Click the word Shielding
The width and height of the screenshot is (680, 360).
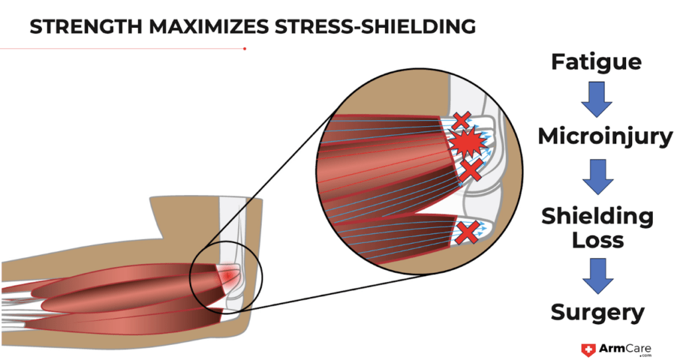coord(597,216)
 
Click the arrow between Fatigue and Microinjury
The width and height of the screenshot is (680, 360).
coord(597,98)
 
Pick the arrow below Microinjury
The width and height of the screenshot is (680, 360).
coord(597,175)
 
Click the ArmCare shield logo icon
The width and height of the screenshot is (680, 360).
coord(587,349)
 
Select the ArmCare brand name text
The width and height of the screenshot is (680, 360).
coord(620,347)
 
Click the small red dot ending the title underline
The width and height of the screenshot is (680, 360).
coord(245,48)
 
